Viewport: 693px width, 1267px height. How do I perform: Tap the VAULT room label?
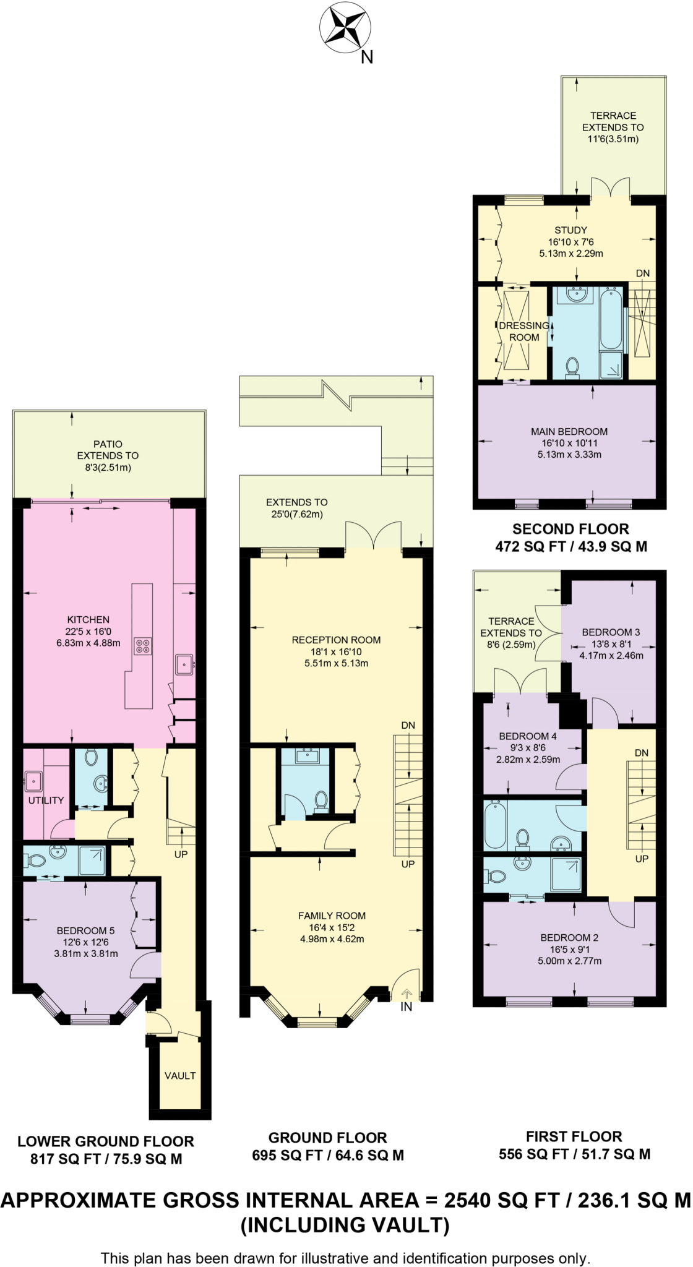click(180, 1076)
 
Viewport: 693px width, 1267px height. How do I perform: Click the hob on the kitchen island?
click(143, 646)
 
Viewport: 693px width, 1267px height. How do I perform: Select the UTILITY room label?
click(46, 801)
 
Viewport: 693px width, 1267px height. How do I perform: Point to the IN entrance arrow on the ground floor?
click(407, 994)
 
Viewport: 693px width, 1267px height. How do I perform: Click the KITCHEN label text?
click(88, 620)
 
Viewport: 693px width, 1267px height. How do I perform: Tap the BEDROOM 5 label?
click(85, 931)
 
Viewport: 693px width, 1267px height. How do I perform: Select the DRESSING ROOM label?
click(523, 332)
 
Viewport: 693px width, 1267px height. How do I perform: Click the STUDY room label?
click(570, 230)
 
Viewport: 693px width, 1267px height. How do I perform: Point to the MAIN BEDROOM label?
click(569, 432)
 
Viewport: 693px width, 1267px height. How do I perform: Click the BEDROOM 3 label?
click(611, 632)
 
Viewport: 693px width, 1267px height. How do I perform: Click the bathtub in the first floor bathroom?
click(495, 826)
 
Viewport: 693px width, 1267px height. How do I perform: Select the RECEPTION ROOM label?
click(336, 640)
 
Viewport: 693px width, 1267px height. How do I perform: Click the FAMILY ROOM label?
click(332, 916)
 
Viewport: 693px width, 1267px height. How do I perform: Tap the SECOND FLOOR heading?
click(570, 530)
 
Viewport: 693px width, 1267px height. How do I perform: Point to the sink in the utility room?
click(33, 781)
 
